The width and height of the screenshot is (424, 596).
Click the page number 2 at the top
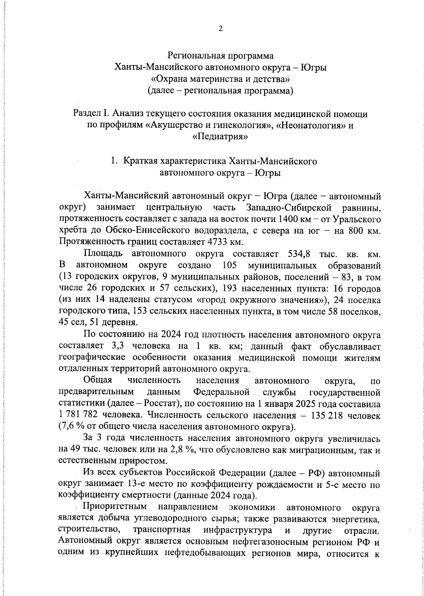pos(220,29)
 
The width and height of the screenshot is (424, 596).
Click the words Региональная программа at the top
pos(220,56)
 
